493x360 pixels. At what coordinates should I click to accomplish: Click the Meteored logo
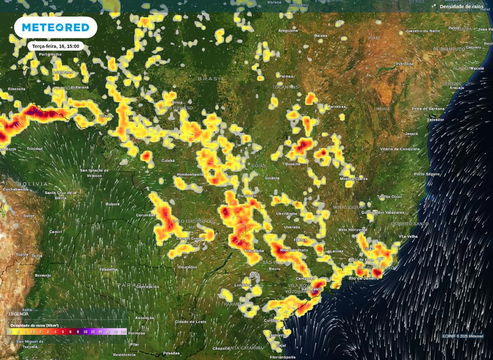tap(55, 27)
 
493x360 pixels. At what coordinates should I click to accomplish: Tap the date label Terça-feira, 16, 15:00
tap(55, 46)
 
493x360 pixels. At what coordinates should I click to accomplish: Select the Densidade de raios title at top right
tap(461, 7)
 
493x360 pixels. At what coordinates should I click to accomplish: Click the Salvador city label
tap(435, 120)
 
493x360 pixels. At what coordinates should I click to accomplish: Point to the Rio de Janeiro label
tap(364, 278)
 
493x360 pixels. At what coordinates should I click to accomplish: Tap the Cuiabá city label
tap(168, 161)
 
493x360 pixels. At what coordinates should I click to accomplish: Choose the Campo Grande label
tap(190, 238)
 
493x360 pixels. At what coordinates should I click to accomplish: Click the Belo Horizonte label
tap(353, 230)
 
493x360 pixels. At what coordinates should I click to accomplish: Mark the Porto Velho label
tap(50, 54)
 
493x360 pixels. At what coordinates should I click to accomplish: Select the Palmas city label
tap(286, 76)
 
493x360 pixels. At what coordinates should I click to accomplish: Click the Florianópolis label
tap(283, 357)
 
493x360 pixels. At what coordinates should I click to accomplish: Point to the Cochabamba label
tap(15, 189)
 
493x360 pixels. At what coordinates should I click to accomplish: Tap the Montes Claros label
tap(353, 178)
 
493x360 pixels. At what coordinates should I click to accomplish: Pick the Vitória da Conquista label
tap(400, 149)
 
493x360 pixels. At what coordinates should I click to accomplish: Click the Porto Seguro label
tap(427, 174)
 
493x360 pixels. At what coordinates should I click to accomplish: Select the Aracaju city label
tap(456, 87)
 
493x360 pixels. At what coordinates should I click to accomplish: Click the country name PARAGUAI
tap(131, 285)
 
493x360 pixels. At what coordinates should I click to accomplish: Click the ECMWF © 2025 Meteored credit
tap(463, 336)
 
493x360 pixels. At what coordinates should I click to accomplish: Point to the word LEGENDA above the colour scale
tap(19, 313)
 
